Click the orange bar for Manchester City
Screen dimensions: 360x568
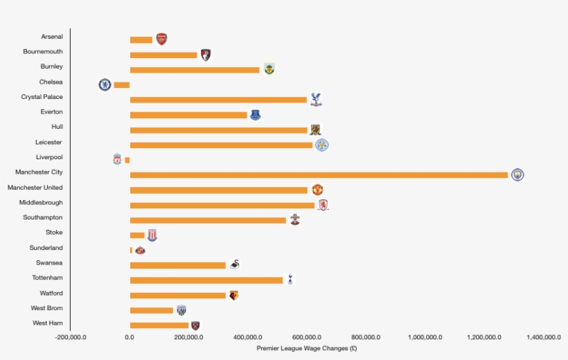(319, 174)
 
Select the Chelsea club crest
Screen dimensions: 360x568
(105, 84)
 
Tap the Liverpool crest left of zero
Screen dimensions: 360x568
(117, 160)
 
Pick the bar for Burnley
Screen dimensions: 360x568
(195, 70)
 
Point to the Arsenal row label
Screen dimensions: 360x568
(52, 37)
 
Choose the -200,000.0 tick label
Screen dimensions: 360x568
(71, 337)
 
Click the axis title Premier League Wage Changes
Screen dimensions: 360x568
(306, 348)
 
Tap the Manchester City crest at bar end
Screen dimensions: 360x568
(517, 174)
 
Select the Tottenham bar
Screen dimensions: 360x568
(206, 280)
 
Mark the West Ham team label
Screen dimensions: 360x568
(48, 323)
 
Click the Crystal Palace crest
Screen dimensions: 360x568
(316, 100)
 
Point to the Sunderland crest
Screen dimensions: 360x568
(140, 250)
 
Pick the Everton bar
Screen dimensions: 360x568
(188, 115)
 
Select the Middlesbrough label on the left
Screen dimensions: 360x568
(41, 203)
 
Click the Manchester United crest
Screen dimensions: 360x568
(317, 190)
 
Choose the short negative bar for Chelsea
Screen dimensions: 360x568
(122, 85)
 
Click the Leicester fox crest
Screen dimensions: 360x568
(321, 145)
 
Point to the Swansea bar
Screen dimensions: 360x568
(178, 265)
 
